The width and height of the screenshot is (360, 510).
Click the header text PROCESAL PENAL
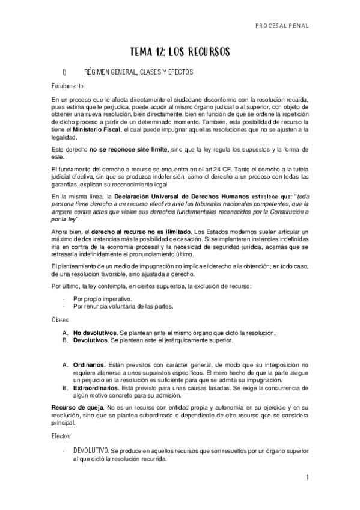(x=281, y=26)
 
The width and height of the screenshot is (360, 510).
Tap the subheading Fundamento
(x=67, y=85)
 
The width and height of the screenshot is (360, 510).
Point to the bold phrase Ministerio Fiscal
(x=97, y=129)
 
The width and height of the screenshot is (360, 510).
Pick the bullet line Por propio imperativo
(x=102, y=298)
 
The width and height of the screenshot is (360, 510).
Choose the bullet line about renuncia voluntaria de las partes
(x=114, y=306)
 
